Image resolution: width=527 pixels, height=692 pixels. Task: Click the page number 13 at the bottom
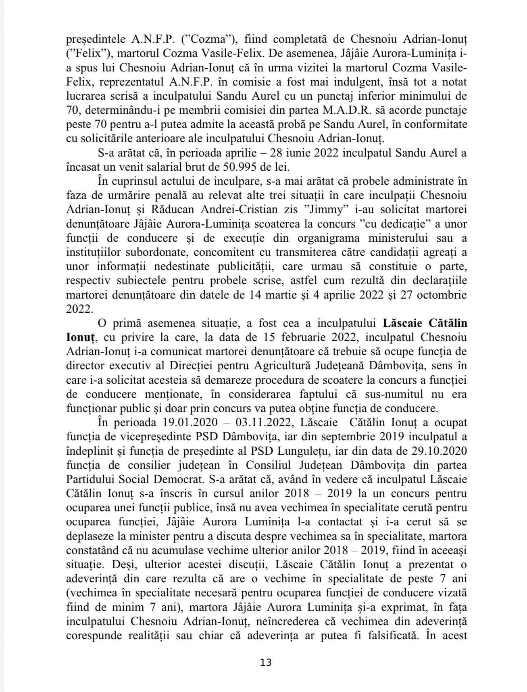click(x=266, y=663)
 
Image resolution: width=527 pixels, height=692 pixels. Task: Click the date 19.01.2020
click(x=190, y=422)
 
